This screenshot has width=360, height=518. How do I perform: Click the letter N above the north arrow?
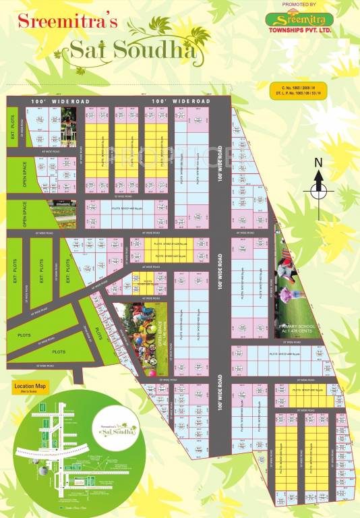pos(319,163)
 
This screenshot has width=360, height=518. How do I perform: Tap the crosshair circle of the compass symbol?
pos(319,191)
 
